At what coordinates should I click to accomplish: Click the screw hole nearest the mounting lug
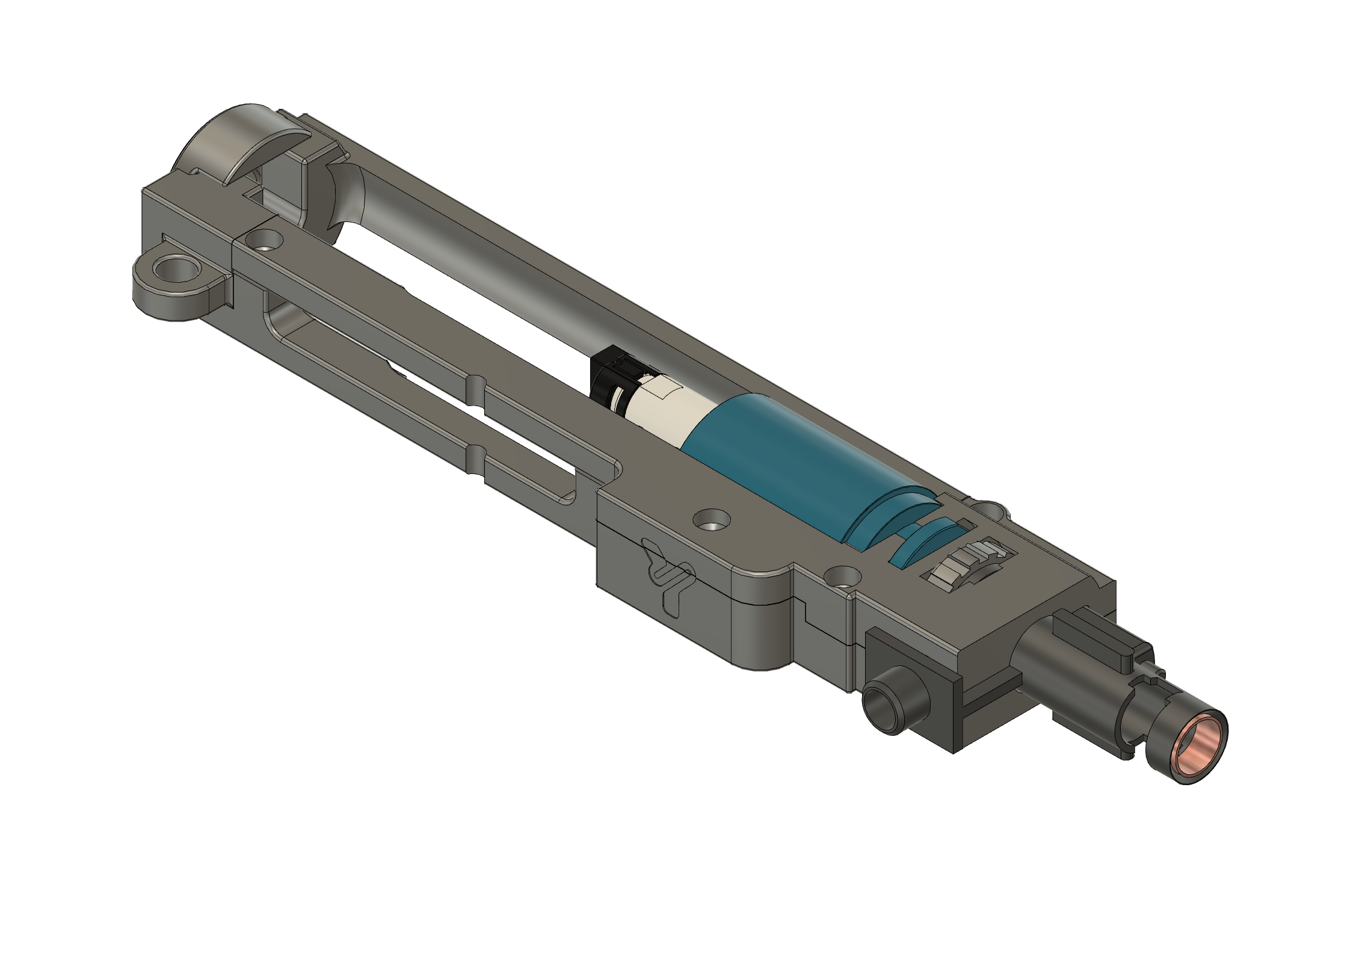[263, 241]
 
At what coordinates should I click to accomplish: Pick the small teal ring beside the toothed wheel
[920, 544]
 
